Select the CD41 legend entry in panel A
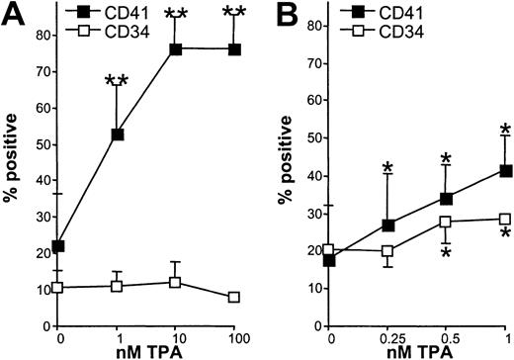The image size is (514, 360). [95, 12]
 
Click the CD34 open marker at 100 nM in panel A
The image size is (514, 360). [234, 297]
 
